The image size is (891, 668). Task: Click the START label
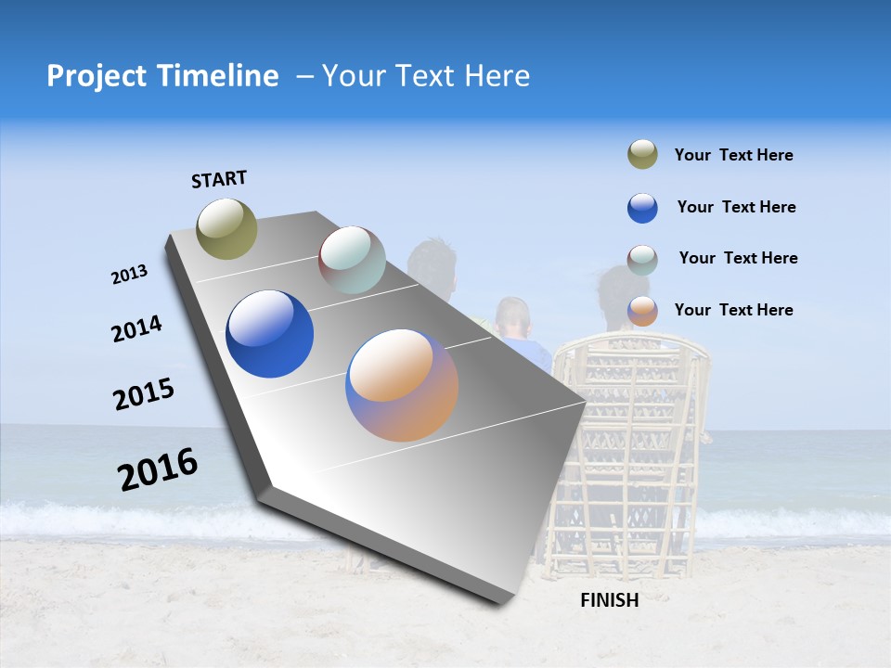click(x=219, y=179)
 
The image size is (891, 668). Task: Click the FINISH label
click(x=609, y=600)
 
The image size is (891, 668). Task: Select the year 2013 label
click(x=129, y=275)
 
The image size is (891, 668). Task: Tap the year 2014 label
click(x=136, y=329)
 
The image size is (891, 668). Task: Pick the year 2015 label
click(x=144, y=394)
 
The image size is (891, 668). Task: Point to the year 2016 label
click(x=158, y=469)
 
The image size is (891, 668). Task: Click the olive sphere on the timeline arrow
click(x=226, y=228)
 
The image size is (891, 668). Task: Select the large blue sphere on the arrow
click(x=269, y=334)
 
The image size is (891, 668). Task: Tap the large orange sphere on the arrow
click(x=402, y=385)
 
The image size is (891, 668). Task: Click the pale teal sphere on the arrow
click(x=352, y=260)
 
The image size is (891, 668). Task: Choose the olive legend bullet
click(x=642, y=155)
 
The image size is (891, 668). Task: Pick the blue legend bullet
click(x=642, y=208)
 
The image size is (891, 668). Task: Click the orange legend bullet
click(x=642, y=311)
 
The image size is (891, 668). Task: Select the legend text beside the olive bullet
click(x=733, y=155)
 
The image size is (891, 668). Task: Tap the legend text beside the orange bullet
click(x=733, y=310)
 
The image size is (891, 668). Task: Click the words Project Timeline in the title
click(x=162, y=76)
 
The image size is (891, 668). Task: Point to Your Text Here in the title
click(x=426, y=76)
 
